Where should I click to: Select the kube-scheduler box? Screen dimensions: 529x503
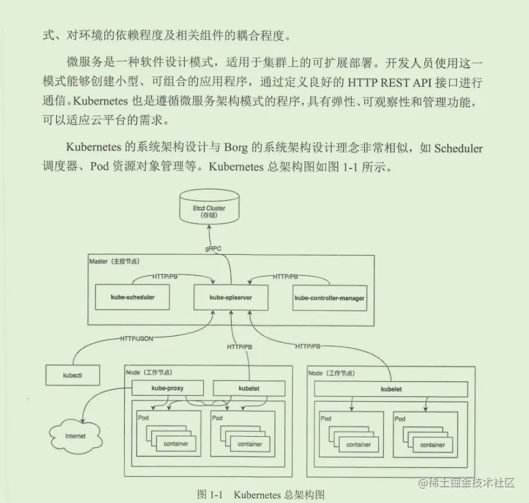click(133, 298)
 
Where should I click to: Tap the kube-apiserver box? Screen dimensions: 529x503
click(230, 298)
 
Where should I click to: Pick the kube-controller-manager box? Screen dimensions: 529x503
click(329, 298)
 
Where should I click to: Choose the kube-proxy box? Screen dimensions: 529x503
click(167, 389)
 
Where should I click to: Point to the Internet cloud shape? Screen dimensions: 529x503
click(75, 436)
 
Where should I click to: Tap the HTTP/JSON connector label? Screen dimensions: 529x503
click(137, 339)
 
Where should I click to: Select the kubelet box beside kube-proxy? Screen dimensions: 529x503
click(249, 389)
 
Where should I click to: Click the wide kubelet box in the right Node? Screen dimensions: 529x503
click(391, 389)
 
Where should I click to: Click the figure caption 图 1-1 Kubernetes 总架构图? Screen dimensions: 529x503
click(261, 495)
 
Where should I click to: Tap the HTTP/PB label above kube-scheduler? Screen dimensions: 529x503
click(165, 276)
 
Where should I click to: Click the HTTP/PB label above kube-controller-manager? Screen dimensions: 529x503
click(285, 276)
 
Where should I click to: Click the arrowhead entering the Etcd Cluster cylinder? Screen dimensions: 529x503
click(209, 227)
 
